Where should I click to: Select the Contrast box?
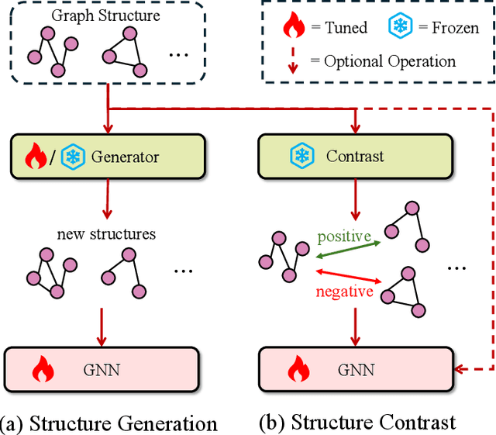[x=355, y=156]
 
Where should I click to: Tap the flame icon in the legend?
[x=295, y=29]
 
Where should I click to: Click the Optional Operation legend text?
[x=390, y=60]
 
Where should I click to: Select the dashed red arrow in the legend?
[x=294, y=60]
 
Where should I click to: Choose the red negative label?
[x=343, y=292]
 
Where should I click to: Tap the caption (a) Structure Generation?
[x=108, y=423]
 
